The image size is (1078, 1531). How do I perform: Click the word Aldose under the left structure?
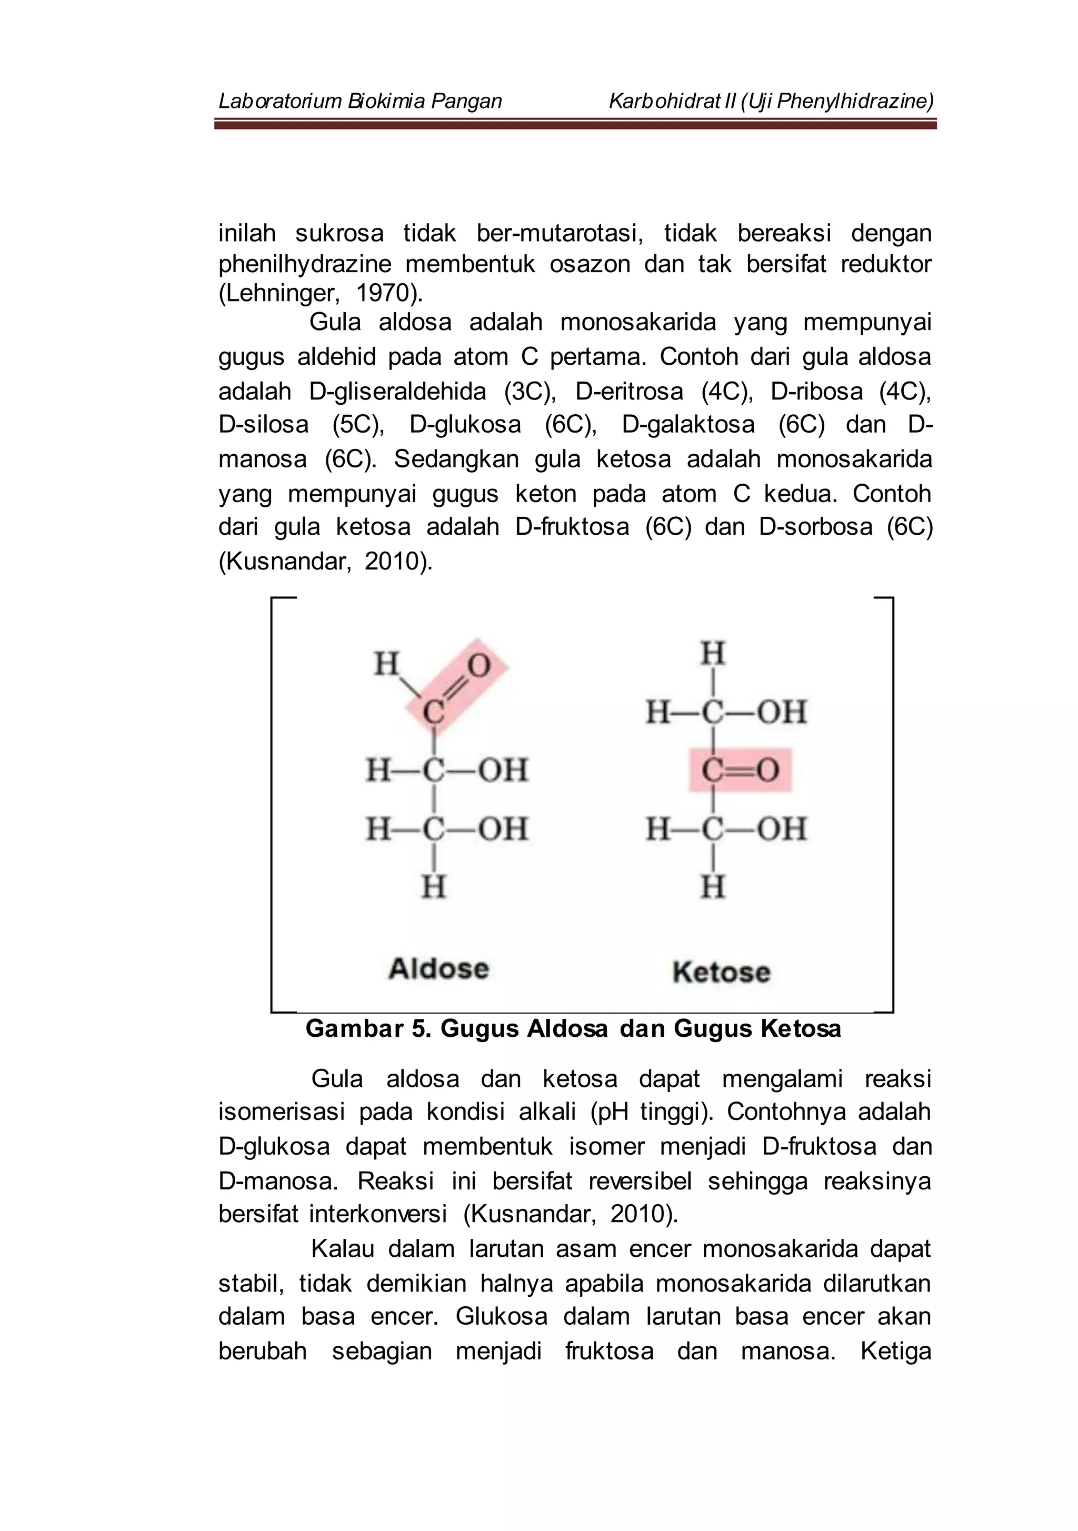(x=438, y=969)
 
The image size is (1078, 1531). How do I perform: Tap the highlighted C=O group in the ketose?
(x=740, y=770)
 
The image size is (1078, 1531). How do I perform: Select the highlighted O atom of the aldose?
(x=478, y=665)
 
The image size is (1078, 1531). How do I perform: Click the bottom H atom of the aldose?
(x=434, y=887)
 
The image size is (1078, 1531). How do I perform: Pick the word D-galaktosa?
(x=688, y=425)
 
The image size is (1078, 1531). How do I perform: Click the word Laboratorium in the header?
(x=280, y=102)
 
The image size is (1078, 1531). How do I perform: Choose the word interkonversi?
(x=377, y=1214)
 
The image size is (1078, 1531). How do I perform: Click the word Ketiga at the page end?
(x=895, y=1351)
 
